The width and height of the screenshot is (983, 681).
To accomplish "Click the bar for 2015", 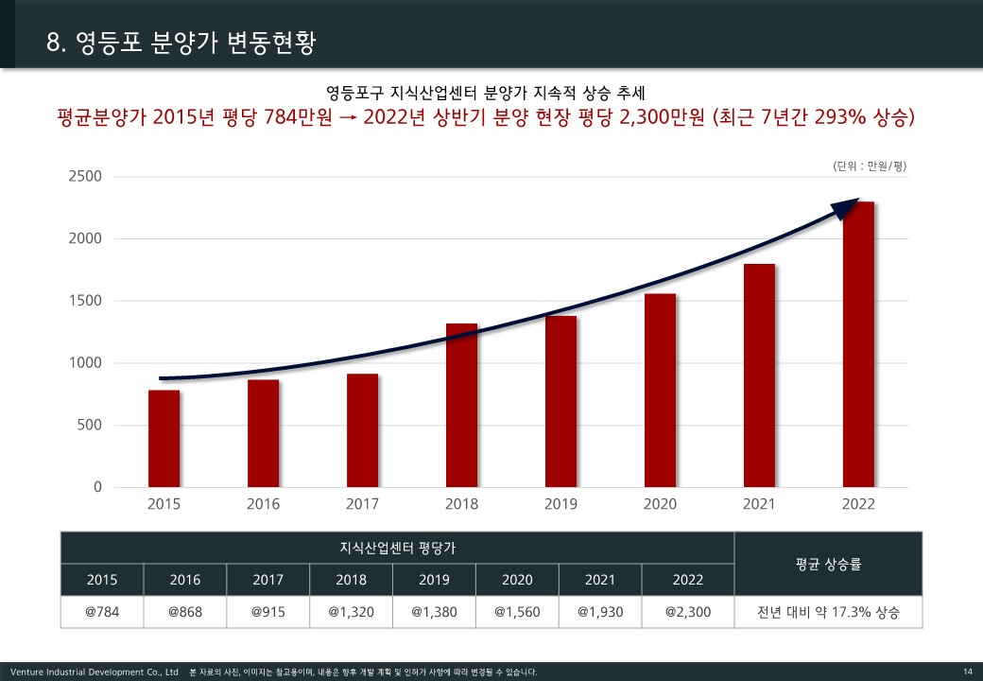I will tap(164, 438).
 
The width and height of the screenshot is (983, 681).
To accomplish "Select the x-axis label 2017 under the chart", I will tap(362, 504).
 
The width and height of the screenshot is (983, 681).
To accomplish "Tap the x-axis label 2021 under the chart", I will tap(759, 504).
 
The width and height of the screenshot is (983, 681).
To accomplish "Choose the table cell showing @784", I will tap(102, 612).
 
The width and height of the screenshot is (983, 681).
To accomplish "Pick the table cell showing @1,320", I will tap(352, 612).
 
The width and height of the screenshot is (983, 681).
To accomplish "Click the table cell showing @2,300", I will tap(687, 612).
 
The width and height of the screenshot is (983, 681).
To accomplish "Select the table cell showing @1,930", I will tap(600, 612).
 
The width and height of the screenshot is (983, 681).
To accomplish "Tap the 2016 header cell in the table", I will tap(185, 580).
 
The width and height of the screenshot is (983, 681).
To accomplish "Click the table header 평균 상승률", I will tap(828, 564).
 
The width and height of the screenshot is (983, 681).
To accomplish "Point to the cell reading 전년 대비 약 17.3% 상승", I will tap(828, 612).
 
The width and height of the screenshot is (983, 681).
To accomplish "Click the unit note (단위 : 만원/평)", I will tap(870, 166).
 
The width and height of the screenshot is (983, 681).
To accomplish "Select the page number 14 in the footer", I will tap(967, 672).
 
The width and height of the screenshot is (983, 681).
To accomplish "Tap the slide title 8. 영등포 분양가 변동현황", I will tap(181, 43).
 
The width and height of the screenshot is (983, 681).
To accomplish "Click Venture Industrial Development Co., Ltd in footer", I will tap(94, 672).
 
